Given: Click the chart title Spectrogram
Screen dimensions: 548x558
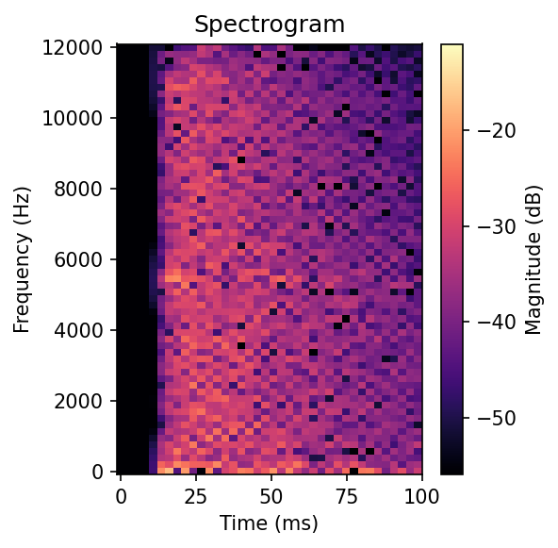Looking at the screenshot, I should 270,25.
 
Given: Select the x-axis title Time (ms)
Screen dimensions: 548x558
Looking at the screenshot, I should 270,523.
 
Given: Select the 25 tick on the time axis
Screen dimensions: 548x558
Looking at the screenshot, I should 195,495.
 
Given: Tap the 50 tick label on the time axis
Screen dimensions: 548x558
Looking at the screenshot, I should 271,495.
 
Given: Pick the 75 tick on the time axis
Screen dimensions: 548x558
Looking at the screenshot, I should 346,495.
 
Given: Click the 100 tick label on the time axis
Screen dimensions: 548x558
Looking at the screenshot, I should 421,495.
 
